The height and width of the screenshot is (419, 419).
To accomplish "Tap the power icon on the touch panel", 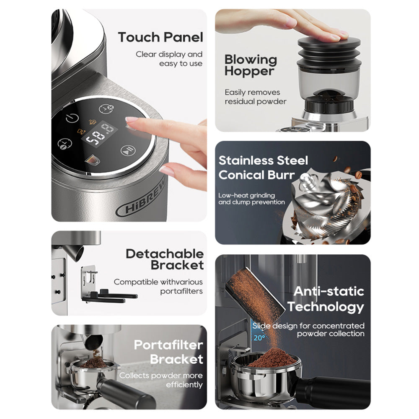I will point(72,118).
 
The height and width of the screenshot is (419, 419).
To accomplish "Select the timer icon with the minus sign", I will point(65,143).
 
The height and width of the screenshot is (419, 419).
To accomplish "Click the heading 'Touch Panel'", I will point(160,37).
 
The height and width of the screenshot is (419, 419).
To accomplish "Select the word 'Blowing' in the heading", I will point(251,59).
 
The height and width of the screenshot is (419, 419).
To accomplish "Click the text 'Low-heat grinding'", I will point(246,195).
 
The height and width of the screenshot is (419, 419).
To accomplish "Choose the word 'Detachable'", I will point(165,253).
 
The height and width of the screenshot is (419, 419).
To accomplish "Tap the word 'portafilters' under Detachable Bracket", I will point(181,291).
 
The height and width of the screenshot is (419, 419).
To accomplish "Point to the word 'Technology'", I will point(326,307).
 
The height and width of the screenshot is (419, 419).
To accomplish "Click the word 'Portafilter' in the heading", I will point(168,345).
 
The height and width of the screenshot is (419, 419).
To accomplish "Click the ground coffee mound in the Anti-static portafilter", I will point(273,358).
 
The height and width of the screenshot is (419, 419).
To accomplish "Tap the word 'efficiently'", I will point(184,384).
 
